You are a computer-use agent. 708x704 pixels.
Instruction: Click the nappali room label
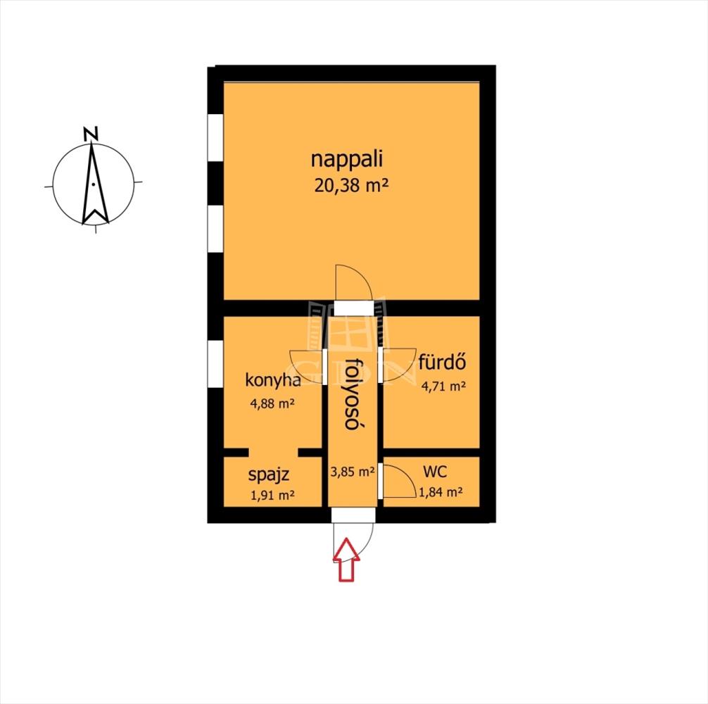click(347, 161)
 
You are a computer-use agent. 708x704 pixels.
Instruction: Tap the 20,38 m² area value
click(351, 186)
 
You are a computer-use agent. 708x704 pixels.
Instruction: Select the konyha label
click(273, 380)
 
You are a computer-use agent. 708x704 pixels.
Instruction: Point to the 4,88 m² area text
click(272, 403)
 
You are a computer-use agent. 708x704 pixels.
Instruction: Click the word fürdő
click(442, 362)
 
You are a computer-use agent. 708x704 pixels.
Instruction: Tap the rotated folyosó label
click(354, 394)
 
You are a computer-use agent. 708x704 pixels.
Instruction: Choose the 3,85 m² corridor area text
click(353, 472)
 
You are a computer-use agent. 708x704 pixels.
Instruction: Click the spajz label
click(269, 475)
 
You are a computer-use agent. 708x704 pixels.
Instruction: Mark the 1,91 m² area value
click(272, 496)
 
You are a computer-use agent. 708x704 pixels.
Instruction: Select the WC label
click(435, 472)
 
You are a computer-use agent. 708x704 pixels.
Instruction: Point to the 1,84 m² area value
click(441, 492)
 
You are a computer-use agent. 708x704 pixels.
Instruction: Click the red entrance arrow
click(346, 559)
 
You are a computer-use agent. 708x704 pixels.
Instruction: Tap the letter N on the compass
click(91, 134)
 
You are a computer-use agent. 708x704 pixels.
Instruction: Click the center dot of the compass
click(93, 184)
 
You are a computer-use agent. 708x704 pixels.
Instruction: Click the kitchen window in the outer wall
click(215, 363)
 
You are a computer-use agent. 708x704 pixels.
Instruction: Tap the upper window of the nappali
click(215, 137)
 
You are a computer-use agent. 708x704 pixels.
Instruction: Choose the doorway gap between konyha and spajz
click(273, 453)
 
